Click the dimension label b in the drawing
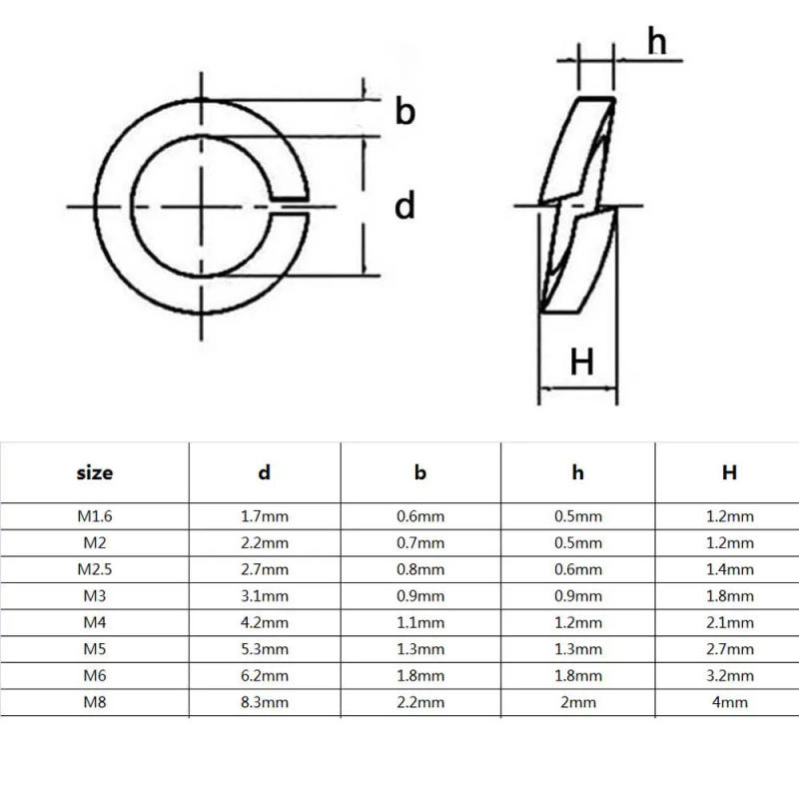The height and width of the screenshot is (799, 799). tap(404, 112)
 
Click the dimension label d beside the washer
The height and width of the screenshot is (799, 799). tap(404, 206)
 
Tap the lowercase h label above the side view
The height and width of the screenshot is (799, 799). tap(656, 41)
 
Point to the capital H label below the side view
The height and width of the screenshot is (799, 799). tap(581, 361)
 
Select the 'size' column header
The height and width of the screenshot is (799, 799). tap(95, 472)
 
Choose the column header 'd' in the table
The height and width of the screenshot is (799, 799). tap(265, 472)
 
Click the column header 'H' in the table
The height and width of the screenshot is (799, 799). tap(729, 472)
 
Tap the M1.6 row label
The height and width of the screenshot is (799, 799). tap(95, 516)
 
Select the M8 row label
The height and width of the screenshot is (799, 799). tap(95, 701)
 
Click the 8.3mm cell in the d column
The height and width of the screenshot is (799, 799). tap(265, 701)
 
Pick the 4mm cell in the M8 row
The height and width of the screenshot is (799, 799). tap(729, 701)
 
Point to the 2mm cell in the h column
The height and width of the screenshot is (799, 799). tap(577, 701)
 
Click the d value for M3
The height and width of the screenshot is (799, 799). tap(265, 595)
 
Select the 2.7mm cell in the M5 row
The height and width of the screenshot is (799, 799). tap(729, 648)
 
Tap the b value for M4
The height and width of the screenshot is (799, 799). tap(420, 621)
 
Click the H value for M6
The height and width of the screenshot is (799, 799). tap(729, 675)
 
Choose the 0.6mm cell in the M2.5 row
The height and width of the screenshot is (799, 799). tap(577, 569)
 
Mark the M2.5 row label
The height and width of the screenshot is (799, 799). tap(95, 569)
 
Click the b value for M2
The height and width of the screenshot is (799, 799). tap(420, 542)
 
